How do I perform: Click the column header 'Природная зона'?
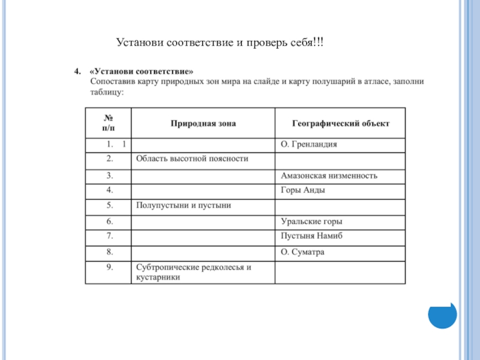[x=203, y=123]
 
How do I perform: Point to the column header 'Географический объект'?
[x=340, y=123]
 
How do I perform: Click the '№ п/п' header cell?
[x=109, y=123]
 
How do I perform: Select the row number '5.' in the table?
[x=110, y=206]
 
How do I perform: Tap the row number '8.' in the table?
[x=110, y=252]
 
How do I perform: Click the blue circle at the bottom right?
[x=442, y=313]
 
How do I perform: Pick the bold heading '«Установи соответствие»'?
[x=142, y=71]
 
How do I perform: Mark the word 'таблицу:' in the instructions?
[x=107, y=93]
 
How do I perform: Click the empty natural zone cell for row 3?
[x=203, y=176]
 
